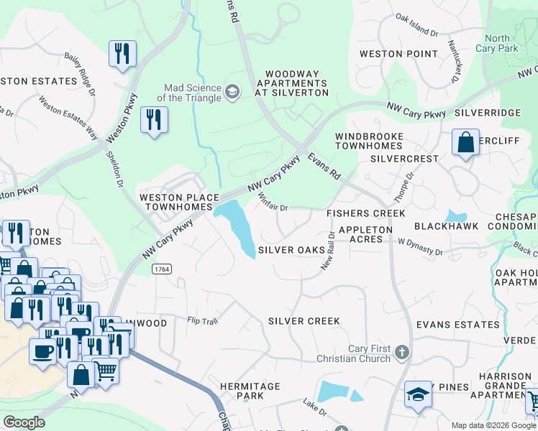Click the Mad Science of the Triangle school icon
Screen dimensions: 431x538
pyautogui.click(x=232, y=91)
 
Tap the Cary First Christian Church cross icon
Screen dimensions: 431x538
pyautogui.click(x=402, y=352)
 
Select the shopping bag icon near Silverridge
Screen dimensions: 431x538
pyautogui.click(x=465, y=142)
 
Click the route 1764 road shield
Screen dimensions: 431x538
pyautogui.click(x=160, y=268)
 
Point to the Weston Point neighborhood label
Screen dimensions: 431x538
pyautogui.click(x=398, y=54)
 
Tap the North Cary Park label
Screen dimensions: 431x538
pyautogui.click(x=497, y=43)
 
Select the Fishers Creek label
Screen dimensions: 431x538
pyautogui.click(x=365, y=213)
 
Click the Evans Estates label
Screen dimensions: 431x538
pyautogui.click(x=457, y=325)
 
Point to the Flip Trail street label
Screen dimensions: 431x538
pyautogui.click(x=202, y=320)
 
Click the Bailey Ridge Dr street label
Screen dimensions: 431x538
pyautogui.click(x=79, y=74)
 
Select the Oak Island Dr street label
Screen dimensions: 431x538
pyautogui.click(x=416, y=27)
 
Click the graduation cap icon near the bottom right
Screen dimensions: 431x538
pyautogui.click(x=418, y=394)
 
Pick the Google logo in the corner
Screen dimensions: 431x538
pyautogui.click(x=24, y=422)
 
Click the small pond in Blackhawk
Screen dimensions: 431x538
pyautogui.click(x=454, y=215)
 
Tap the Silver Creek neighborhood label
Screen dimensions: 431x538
pyautogui.click(x=304, y=320)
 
